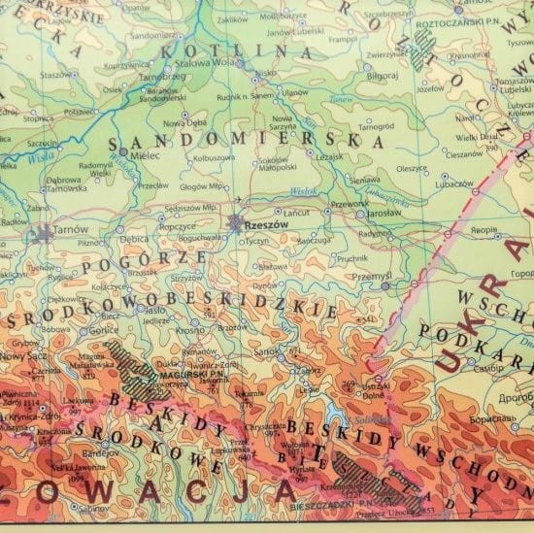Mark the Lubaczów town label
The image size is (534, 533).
[427, 183]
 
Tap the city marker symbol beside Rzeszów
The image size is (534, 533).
[236, 222]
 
